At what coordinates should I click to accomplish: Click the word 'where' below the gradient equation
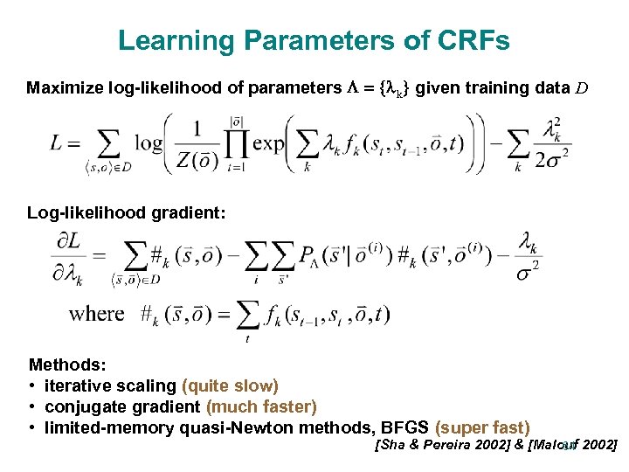click(96, 313)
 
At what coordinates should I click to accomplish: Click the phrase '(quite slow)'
click(230, 385)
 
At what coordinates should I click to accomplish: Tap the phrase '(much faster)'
click(261, 406)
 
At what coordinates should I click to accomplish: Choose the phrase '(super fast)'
click(482, 427)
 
